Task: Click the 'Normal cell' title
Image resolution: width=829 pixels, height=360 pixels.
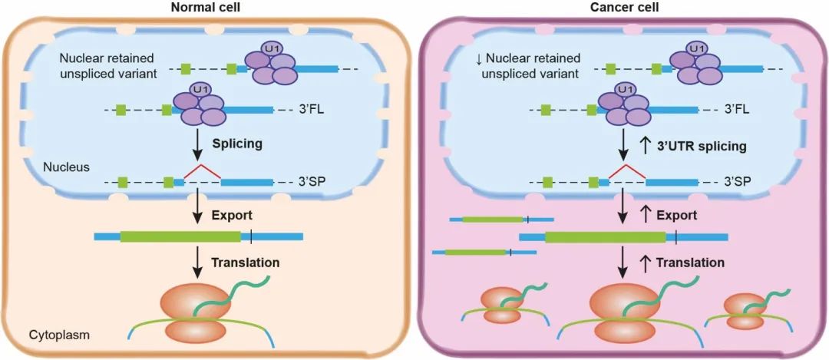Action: pos(206,8)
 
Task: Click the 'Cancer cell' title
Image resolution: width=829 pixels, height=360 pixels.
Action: pos(623,8)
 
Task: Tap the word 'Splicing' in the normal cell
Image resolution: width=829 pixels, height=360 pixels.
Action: pos(236,143)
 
